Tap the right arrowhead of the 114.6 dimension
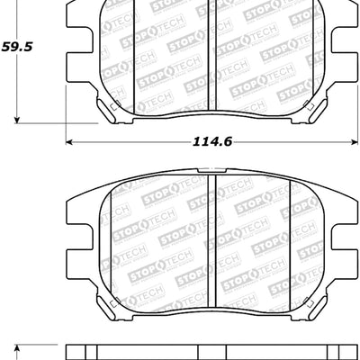[354, 141]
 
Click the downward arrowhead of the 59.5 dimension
[18, 118]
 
